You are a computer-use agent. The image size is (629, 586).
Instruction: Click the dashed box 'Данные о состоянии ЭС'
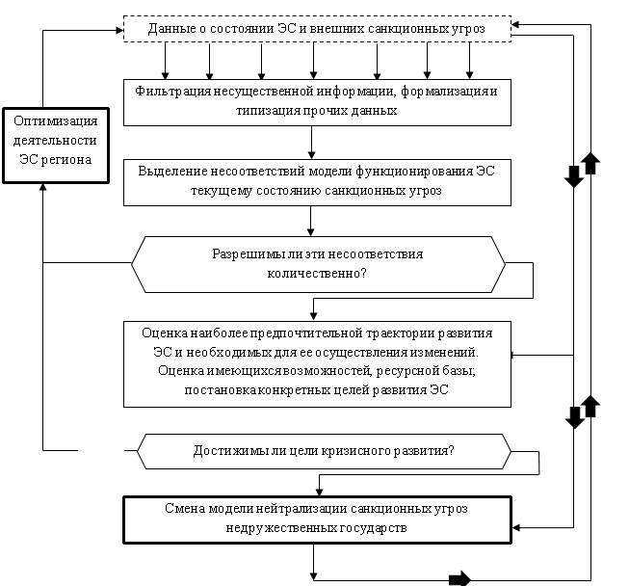coord(317,29)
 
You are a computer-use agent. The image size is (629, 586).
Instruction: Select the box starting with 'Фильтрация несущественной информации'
coord(317,102)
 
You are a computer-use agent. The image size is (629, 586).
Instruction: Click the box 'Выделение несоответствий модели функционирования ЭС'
coord(317,181)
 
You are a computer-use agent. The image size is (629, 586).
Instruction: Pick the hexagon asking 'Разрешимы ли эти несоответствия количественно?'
coord(317,264)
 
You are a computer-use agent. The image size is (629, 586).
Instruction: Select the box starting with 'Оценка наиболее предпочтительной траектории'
coord(317,361)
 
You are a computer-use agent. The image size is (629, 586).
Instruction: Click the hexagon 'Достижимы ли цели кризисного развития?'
coord(324,450)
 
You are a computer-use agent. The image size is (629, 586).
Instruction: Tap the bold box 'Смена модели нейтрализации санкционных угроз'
coord(317,518)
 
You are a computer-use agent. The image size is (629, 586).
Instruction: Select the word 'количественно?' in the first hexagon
coord(317,274)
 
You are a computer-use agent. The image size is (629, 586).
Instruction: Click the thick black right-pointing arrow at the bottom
coord(459,578)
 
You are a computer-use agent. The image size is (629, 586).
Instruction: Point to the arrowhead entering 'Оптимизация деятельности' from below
coord(44,187)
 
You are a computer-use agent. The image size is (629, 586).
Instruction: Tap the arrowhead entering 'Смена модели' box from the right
coord(516,527)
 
